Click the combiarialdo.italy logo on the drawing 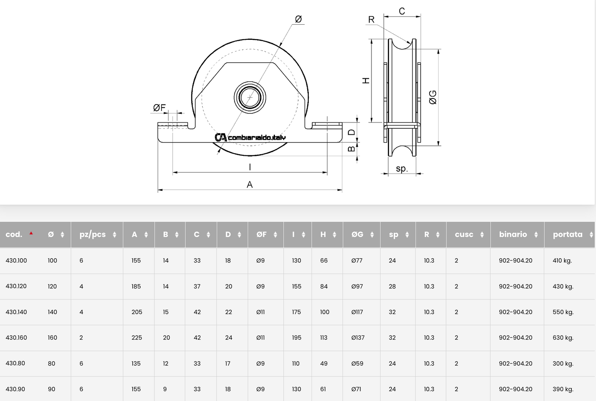click(250, 137)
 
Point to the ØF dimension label click(159, 108)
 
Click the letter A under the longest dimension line click(250, 184)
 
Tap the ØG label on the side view click(433, 97)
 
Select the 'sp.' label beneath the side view click(402, 169)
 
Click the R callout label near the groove click(371, 19)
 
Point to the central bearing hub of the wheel click(250, 97)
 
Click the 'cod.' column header click(14, 234)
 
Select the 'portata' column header click(567, 234)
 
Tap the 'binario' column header click(513, 234)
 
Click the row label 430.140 click(16, 312)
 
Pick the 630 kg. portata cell click(563, 338)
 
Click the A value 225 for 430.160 click(137, 338)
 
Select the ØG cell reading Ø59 click(357, 364)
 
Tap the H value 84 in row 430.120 click(324, 286)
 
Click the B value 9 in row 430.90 click(165, 389)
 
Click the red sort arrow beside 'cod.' click(31, 233)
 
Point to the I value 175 click(296, 312)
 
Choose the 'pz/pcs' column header click(93, 234)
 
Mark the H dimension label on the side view click(366, 80)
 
